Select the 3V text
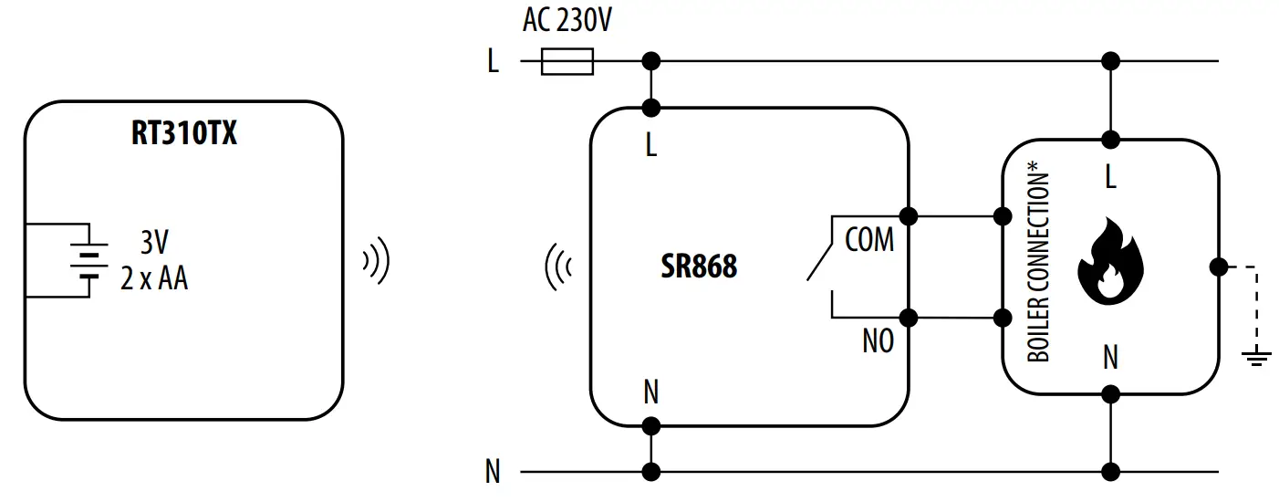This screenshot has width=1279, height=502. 154,243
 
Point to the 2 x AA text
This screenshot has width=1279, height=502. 154,277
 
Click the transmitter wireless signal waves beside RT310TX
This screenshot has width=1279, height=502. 376,262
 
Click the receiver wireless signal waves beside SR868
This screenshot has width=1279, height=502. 557,267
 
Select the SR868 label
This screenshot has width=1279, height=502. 698,267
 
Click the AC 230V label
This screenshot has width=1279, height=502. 567,21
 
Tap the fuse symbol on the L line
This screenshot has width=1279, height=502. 567,62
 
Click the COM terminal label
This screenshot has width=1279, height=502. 869,240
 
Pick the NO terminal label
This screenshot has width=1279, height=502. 878,341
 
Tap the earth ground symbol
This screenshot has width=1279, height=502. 1256,356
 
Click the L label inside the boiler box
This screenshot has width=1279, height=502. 1110,178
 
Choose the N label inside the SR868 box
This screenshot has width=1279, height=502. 650,392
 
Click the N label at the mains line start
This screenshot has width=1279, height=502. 493,472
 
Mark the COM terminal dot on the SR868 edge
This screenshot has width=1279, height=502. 908,216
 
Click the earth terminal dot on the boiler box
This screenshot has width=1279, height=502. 1217,267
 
